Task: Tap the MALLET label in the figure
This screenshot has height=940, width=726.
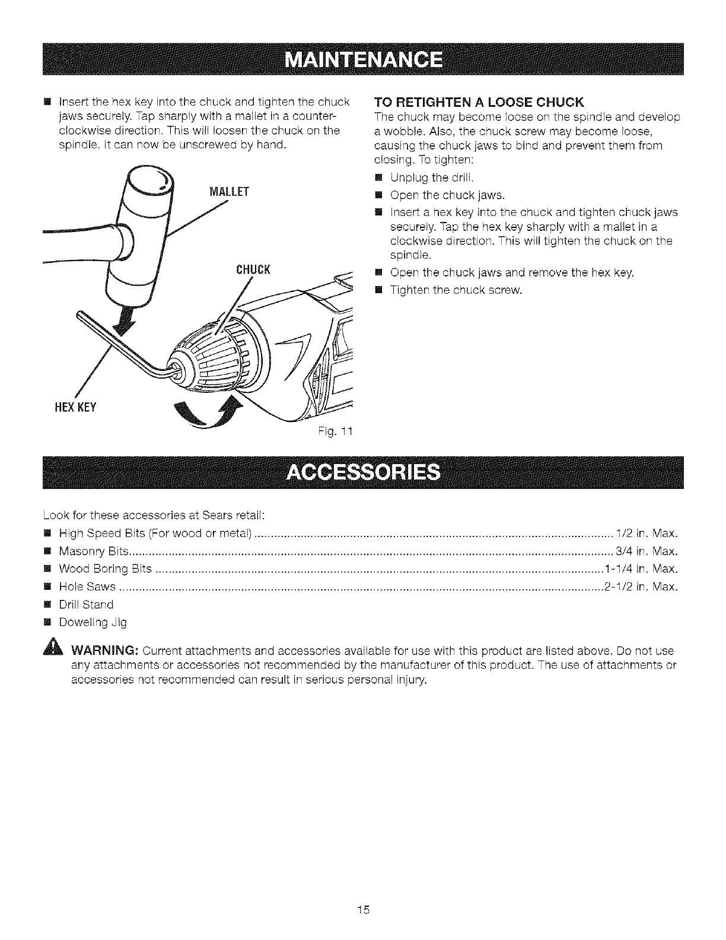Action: [212, 192]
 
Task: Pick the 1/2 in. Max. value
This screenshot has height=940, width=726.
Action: [647, 532]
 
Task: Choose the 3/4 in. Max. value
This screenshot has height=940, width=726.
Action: [647, 551]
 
